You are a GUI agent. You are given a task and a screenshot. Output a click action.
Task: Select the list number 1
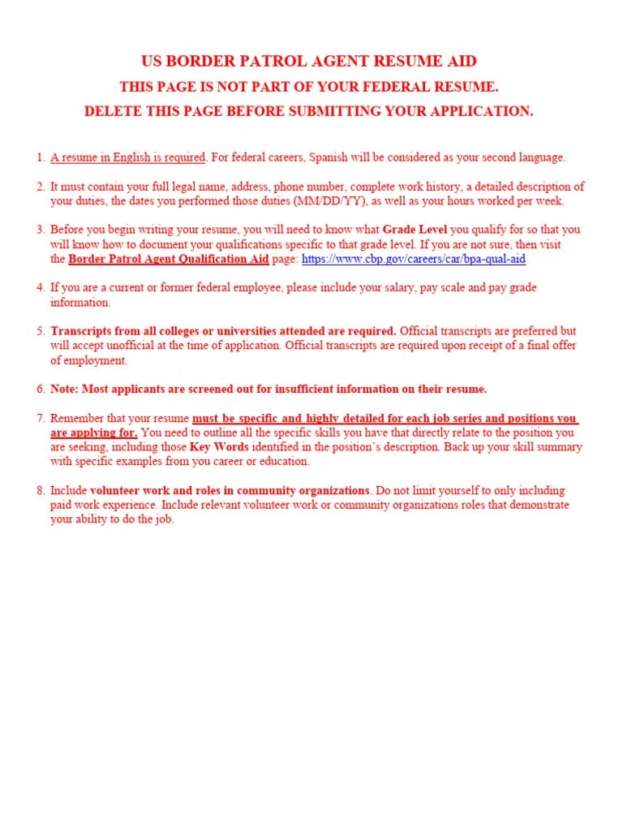[40, 157]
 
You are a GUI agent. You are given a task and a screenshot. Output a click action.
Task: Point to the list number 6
[40, 390]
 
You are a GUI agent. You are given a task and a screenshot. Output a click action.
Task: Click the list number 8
[40, 491]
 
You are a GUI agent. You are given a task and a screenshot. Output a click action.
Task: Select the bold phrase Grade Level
[415, 230]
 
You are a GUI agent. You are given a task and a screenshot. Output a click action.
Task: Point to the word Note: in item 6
[64, 390]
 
